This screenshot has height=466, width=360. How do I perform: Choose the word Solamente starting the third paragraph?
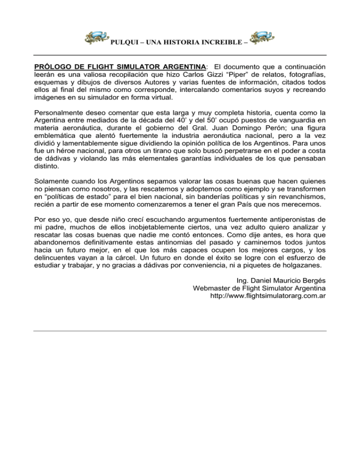51,184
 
